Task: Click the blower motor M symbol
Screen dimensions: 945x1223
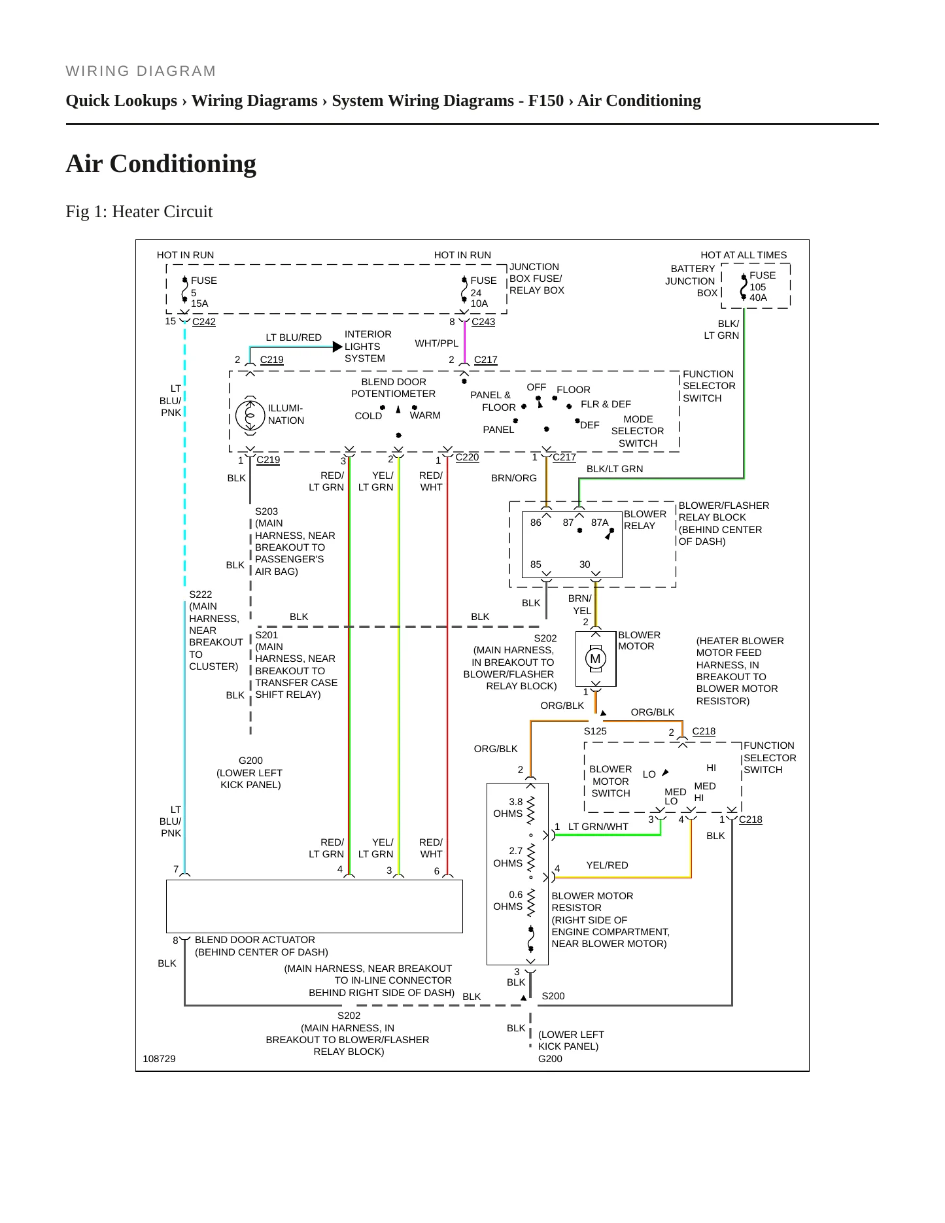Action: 595,659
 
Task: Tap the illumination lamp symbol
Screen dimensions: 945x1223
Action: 250,415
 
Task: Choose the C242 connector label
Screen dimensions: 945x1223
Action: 204,322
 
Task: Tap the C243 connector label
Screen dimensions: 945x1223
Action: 483,322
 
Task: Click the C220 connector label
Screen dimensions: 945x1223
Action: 467,457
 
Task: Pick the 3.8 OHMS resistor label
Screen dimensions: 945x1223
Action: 508,808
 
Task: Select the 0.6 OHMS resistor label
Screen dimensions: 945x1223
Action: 508,901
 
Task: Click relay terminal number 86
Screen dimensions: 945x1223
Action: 536,523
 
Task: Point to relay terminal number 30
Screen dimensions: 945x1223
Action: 585,564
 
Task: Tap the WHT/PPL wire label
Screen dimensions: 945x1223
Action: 437,343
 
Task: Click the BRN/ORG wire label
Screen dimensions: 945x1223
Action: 514,478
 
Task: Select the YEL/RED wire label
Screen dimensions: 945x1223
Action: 607,865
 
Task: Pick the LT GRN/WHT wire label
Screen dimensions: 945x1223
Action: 598,827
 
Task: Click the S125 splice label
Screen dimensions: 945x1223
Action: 595,731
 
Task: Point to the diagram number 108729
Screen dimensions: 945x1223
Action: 159,1059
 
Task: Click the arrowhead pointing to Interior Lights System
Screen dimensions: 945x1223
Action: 338,347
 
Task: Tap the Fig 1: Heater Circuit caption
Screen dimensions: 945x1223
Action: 139,211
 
